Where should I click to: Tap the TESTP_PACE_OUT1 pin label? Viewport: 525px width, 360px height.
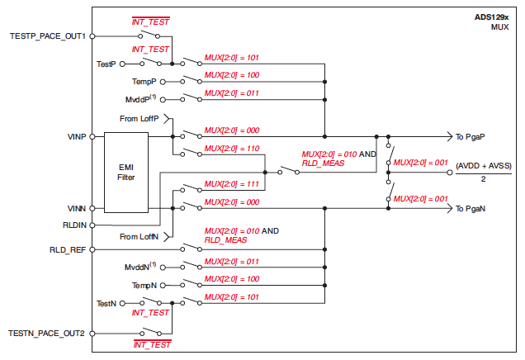coord(47,36)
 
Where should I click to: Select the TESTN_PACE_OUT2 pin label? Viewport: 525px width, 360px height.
coord(47,333)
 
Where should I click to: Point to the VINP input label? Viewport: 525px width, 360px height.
coord(75,136)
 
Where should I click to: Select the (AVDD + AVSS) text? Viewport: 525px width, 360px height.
coord(484,166)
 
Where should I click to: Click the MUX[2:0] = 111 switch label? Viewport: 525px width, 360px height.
coord(231,183)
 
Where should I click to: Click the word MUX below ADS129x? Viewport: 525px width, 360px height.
coord(499,26)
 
